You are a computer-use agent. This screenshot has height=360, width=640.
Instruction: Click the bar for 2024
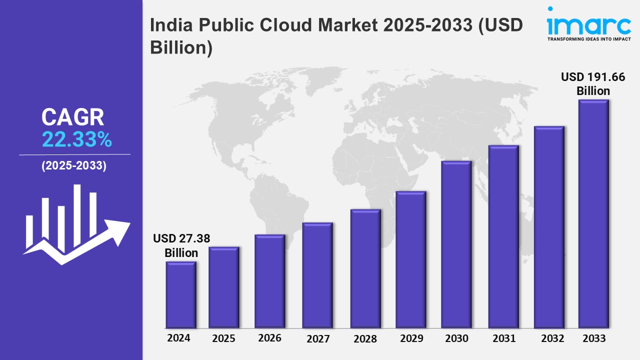(181, 294)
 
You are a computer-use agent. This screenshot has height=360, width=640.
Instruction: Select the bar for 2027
(317, 275)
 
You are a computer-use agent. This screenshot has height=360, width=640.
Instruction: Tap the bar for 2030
(456, 244)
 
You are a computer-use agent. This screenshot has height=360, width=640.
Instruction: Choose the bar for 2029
(410, 259)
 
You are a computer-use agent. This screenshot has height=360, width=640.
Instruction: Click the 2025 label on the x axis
(223, 338)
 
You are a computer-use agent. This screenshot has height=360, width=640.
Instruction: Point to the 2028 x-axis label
(365, 338)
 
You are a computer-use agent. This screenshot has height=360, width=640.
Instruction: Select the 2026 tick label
(269, 338)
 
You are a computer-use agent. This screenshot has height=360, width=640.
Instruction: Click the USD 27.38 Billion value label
(181, 245)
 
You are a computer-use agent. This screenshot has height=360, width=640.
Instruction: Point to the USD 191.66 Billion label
(593, 84)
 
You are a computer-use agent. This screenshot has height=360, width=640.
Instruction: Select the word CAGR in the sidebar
(73, 117)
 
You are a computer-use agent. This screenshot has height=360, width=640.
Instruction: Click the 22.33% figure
(76, 140)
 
